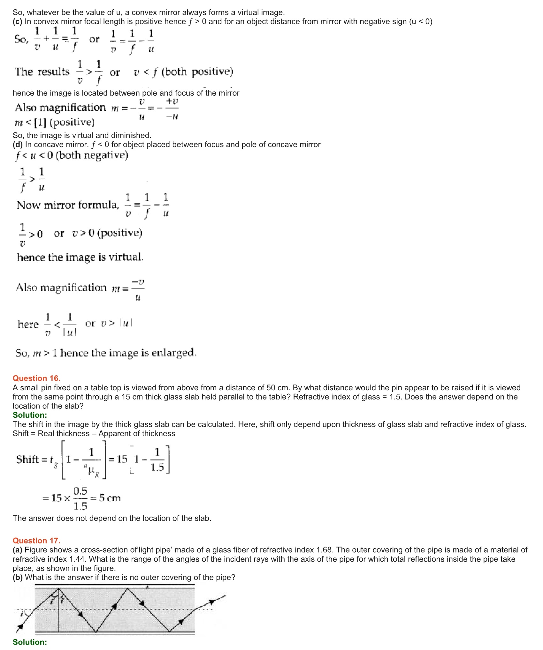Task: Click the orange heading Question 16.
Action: click(x=36, y=378)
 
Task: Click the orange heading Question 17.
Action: click(x=36, y=540)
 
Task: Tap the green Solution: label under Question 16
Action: click(x=30, y=415)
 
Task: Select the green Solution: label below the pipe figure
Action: click(x=30, y=642)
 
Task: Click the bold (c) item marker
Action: click(x=18, y=21)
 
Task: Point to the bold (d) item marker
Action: click(x=18, y=145)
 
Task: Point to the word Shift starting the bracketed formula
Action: click(x=27, y=459)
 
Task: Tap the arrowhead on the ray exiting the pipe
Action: click(x=211, y=602)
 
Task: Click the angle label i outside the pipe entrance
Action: click(x=22, y=613)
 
